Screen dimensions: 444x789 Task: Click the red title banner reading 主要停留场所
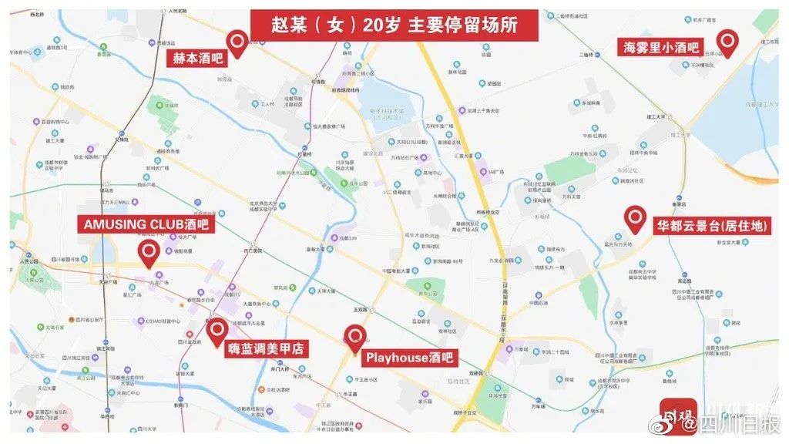click(394, 24)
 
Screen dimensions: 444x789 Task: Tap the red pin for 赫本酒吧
click(239, 42)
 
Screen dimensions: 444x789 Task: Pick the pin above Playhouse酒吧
click(354, 337)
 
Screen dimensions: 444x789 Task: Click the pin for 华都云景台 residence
click(635, 218)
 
